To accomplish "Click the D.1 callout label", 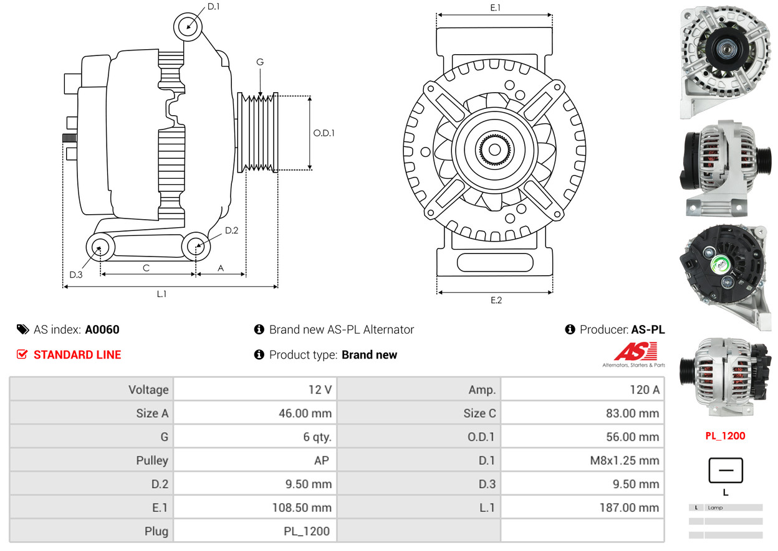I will coord(213,6).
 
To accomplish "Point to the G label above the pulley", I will coord(260,62).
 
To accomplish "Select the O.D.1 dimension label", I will coord(324,133).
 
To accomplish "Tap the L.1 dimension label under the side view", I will coord(161,294).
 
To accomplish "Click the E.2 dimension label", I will coord(496,300).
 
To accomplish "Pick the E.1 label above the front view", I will coord(496,7).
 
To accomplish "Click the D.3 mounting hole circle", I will coord(100,247).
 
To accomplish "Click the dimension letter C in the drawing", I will coord(146,268).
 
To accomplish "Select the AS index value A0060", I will coord(102,330).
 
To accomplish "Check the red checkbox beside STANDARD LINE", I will coord(22,355).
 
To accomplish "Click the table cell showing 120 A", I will coord(582,390).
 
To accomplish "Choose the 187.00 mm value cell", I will coord(582,508).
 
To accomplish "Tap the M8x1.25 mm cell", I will coord(582,461).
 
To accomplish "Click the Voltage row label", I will coord(91,390).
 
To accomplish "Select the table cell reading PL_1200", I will coord(255,532).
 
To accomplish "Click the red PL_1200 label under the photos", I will coord(725,436).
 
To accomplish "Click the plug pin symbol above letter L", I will coord(726,471).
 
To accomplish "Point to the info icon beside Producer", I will coord(570,330).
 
